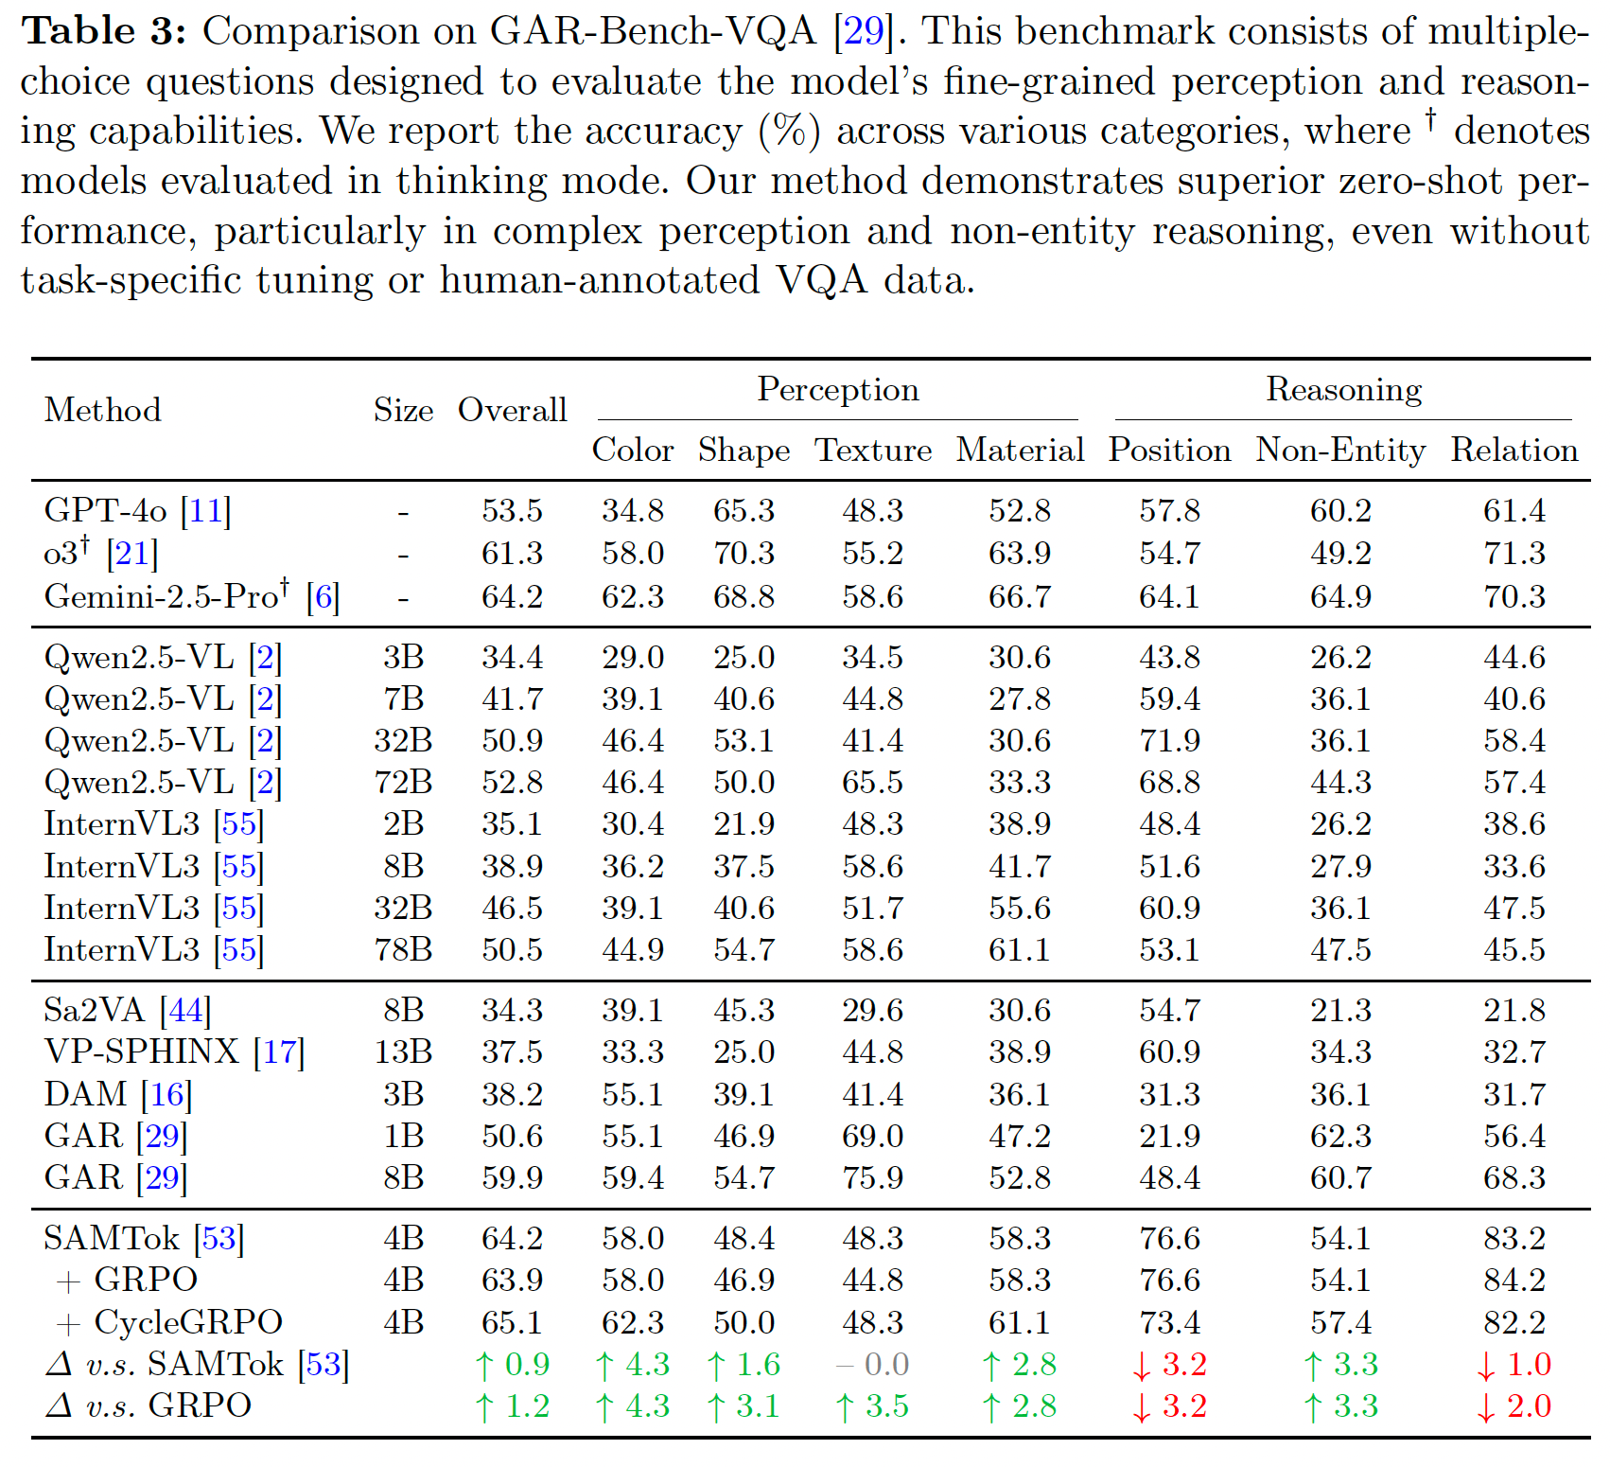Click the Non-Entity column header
[x=1340, y=450]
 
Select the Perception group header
[x=838, y=390]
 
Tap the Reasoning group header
[x=1343, y=390]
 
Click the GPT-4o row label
[x=137, y=511]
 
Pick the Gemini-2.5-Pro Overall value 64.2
[x=512, y=596]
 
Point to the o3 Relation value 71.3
[x=1514, y=553]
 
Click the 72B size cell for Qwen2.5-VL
[x=403, y=782]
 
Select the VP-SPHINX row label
[x=174, y=1052]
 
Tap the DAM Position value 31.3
[x=1169, y=1094]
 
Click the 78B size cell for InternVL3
[x=403, y=949]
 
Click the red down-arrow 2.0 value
[x=1514, y=1406]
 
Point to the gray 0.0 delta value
[x=872, y=1364]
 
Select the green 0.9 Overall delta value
[x=512, y=1364]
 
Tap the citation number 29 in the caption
[x=863, y=31]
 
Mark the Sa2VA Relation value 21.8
[x=1514, y=1010]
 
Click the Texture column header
[x=873, y=450]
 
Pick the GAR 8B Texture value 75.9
[x=872, y=1177]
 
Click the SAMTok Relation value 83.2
[x=1514, y=1238]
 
